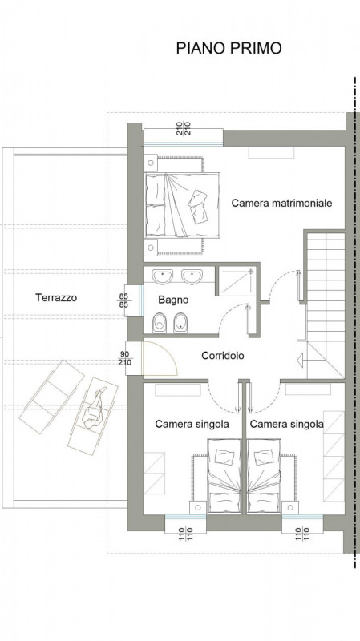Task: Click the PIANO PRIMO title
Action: tap(229, 48)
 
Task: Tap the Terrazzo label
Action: tap(56, 297)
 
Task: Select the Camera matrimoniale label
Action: tap(282, 204)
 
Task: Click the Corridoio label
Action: tap(223, 356)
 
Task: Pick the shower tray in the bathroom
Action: tap(237, 280)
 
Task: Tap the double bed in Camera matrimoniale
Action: tap(182, 205)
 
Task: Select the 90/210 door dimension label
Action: tap(124, 357)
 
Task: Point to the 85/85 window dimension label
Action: tap(123, 300)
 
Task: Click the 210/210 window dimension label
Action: tap(184, 129)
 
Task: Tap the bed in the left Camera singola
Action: tap(226, 475)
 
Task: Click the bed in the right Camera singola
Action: tap(265, 475)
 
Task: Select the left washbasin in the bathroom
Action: tap(163, 276)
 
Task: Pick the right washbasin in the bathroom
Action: tap(192, 276)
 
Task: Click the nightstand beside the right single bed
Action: tap(289, 507)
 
